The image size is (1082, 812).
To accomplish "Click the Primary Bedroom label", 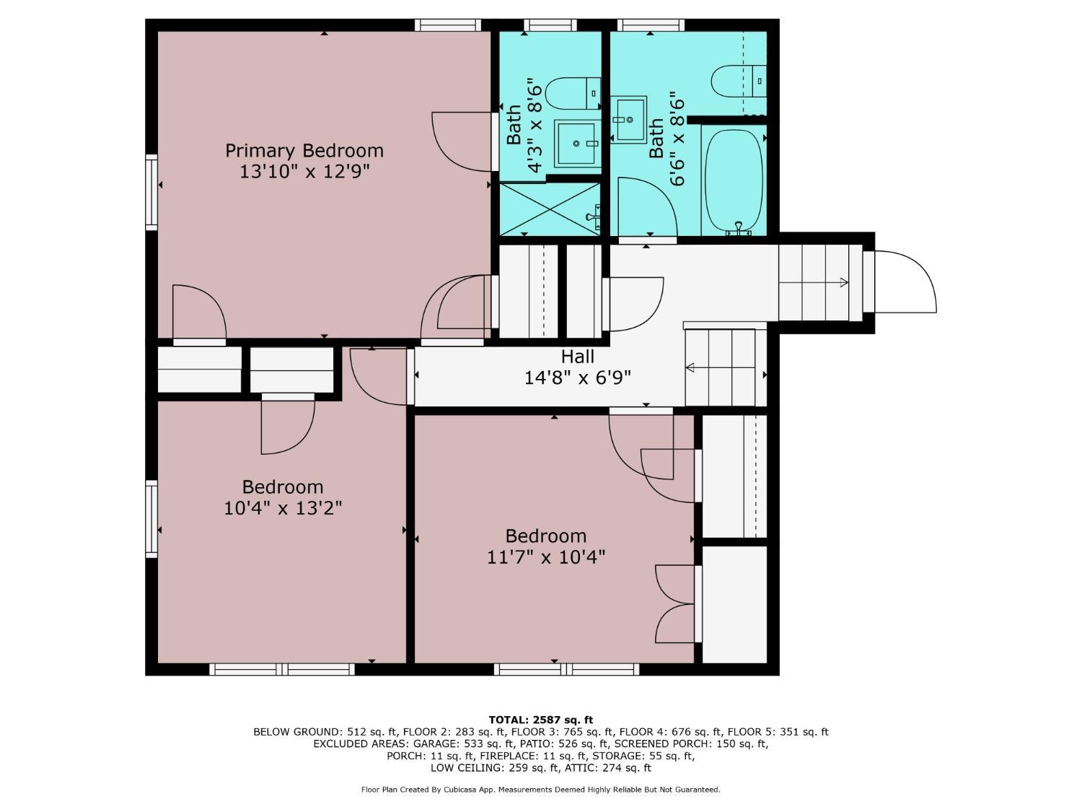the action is click(x=304, y=151).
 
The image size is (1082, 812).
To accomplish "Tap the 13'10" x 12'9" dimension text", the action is click(x=304, y=172).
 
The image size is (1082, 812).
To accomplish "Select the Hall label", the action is click(x=577, y=357).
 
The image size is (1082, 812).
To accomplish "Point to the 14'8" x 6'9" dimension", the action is click(x=577, y=378).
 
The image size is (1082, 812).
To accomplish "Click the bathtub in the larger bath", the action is click(x=734, y=181).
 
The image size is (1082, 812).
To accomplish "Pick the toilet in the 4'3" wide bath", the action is click(x=574, y=94).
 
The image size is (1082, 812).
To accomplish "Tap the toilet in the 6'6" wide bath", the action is click(x=739, y=82).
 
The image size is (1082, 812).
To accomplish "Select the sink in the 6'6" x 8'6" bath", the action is click(x=628, y=120).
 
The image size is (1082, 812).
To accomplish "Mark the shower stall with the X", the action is click(x=550, y=209).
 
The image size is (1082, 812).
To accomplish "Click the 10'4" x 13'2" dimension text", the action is click(x=283, y=508).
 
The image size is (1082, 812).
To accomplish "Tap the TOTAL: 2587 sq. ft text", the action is click(x=541, y=720).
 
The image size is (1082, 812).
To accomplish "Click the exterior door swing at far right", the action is click(x=905, y=281).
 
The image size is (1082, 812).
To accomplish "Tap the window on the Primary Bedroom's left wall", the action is click(x=151, y=192).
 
